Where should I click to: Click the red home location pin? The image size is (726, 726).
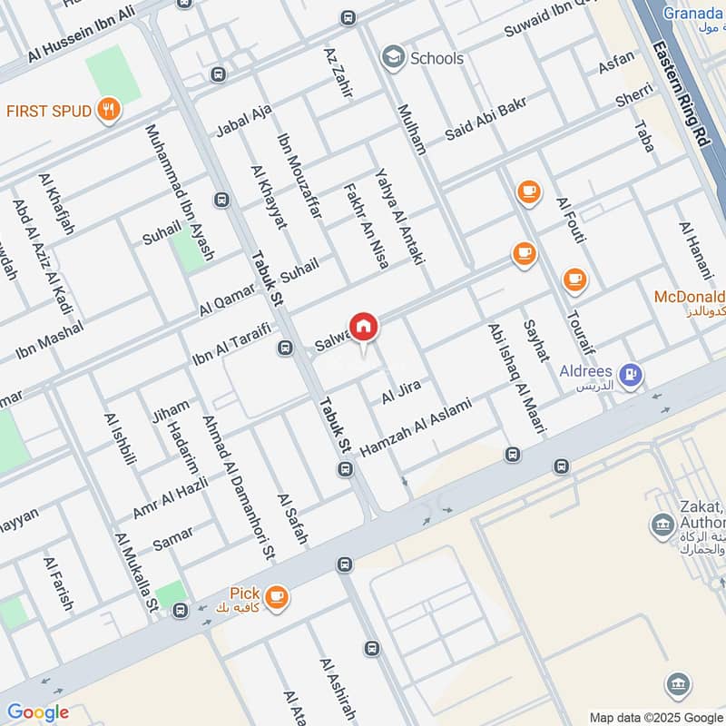coord(363,327)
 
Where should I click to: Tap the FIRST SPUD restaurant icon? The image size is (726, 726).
coord(110,111)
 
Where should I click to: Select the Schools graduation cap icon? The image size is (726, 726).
coord(393,58)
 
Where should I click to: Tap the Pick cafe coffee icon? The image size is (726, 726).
coord(276,596)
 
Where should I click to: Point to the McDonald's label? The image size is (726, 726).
coord(690,298)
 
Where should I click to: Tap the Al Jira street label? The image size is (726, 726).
coord(401,392)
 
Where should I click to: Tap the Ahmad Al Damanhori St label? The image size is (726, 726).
coord(239,486)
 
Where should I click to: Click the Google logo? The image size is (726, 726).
coord(38,712)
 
